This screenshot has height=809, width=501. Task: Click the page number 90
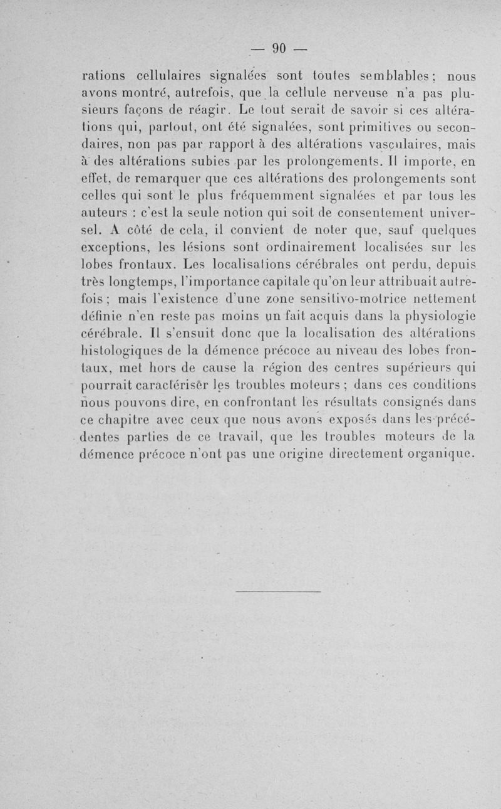tap(279, 48)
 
